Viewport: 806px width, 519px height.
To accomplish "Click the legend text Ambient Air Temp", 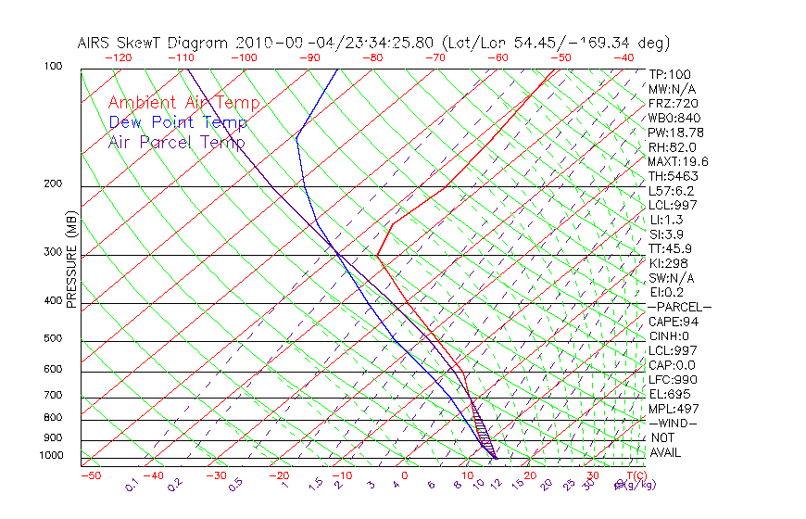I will click(x=183, y=103).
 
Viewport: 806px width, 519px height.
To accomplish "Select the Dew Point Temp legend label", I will click(x=178, y=122).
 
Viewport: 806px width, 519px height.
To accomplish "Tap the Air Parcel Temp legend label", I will click(x=176, y=142).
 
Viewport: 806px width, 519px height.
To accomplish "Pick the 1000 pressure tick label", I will click(x=52, y=455).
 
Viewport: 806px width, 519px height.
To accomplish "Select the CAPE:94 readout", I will click(x=674, y=322).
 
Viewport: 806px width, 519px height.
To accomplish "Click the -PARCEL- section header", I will click(x=679, y=307).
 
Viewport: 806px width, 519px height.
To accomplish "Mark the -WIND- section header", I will click(x=673, y=423).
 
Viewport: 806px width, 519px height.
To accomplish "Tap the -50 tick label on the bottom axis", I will click(x=90, y=475).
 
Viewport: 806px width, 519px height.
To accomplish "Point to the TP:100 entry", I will click(x=670, y=74).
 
